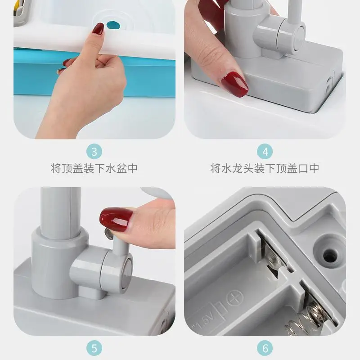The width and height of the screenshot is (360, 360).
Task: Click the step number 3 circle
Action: [94, 152]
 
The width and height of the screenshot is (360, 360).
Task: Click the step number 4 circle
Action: [265, 152]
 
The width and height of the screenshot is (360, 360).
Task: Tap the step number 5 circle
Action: [94, 348]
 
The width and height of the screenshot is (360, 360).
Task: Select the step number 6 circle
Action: [265, 348]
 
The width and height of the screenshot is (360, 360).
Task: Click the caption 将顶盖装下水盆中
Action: [94, 168]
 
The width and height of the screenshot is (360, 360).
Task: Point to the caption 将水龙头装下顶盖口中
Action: [265, 168]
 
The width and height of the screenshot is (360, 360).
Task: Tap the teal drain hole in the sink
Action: [113, 25]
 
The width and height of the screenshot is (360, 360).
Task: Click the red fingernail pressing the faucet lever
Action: [116, 219]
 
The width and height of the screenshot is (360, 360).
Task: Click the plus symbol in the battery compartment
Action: [234, 298]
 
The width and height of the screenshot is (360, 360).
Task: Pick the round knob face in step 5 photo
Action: [127, 272]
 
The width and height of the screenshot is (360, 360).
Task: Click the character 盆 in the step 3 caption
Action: [121, 168]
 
